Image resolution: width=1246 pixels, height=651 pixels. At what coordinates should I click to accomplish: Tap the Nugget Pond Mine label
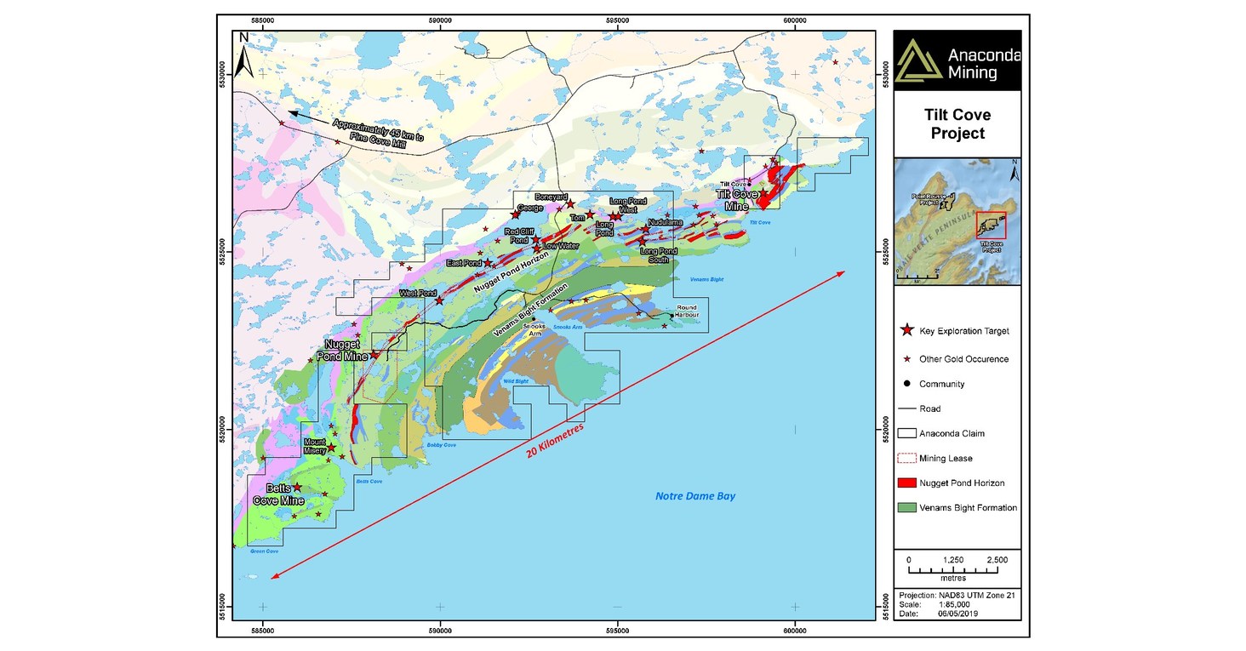(x=345, y=350)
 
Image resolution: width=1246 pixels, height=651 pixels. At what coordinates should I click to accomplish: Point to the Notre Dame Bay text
(x=694, y=496)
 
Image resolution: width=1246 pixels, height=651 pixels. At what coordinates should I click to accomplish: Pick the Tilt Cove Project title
(x=957, y=124)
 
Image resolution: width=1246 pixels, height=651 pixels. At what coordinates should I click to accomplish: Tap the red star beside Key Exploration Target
(x=908, y=330)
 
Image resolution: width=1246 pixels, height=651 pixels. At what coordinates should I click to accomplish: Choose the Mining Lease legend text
(x=946, y=459)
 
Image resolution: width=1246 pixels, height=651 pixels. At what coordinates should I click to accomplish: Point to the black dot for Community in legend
(x=908, y=384)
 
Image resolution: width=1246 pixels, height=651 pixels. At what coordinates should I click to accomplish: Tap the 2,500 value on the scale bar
(x=997, y=560)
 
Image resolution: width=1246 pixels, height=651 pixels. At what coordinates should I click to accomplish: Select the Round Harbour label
(x=687, y=311)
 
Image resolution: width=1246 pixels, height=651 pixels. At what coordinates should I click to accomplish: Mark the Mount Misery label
(x=315, y=445)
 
